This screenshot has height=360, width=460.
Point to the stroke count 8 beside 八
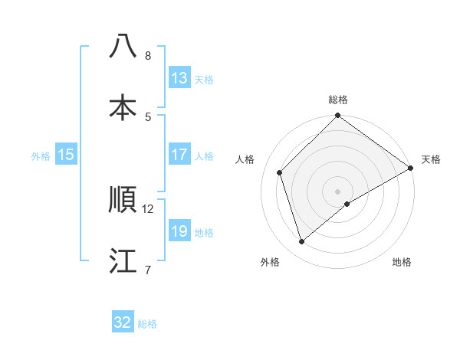coord(148,55)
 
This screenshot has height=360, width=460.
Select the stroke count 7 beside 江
coord(148,270)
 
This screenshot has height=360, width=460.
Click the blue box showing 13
coord(179,78)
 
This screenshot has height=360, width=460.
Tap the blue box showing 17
coord(179,155)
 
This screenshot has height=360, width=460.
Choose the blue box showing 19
coord(179,231)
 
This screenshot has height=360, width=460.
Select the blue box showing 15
coord(66,155)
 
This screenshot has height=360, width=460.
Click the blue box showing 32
coord(123,322)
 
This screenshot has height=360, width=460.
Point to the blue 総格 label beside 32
coord(147,324)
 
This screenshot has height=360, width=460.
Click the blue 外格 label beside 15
coord(41,155)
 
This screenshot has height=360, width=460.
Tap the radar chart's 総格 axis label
coord(338,100)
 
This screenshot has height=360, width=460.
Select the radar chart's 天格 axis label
coord(431,159)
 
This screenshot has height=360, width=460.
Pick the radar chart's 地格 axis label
coord(402,262)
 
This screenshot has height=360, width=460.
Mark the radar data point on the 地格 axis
coord(347,204)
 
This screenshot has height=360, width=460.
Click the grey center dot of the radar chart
coord(338,191)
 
